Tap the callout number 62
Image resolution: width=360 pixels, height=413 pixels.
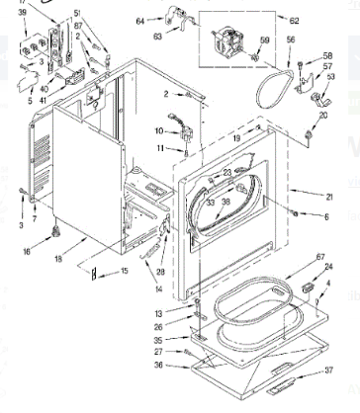pyautogui.click(x=294, y=20)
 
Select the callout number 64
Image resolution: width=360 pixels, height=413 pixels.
pyautogui.click(x=139, y=20)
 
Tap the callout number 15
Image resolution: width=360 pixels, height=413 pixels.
pyautogui.click(x=125, y=272)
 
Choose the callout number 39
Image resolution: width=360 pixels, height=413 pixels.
pyautogui.click(x=23, y=12)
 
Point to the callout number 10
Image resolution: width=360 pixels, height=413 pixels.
pyautogui.click(x=158, y=130)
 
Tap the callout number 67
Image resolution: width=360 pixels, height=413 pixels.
pyautogui.click(x=319, y=259)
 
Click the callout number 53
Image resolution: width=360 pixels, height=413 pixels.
pyautogui.click(x=330, y=75)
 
